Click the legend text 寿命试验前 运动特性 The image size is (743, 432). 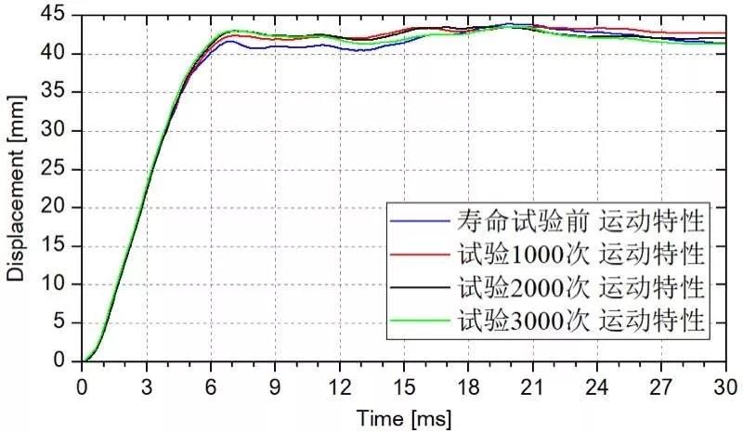pyautogui.click(x=582, y=222)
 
